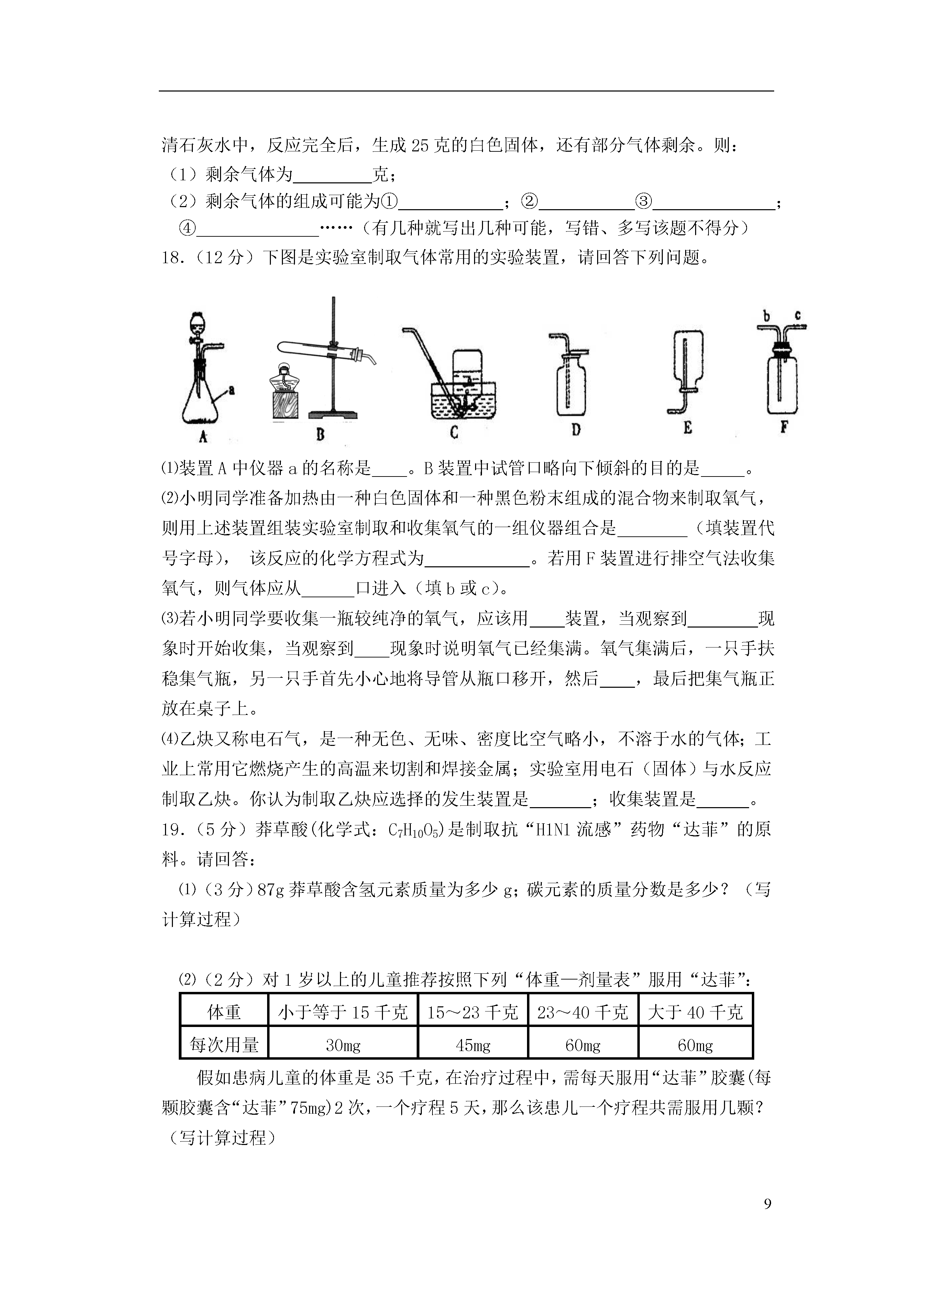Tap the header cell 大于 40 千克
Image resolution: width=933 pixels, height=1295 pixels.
tap(695, 1012)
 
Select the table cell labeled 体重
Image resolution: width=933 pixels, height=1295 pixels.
tap(224, 1012)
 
